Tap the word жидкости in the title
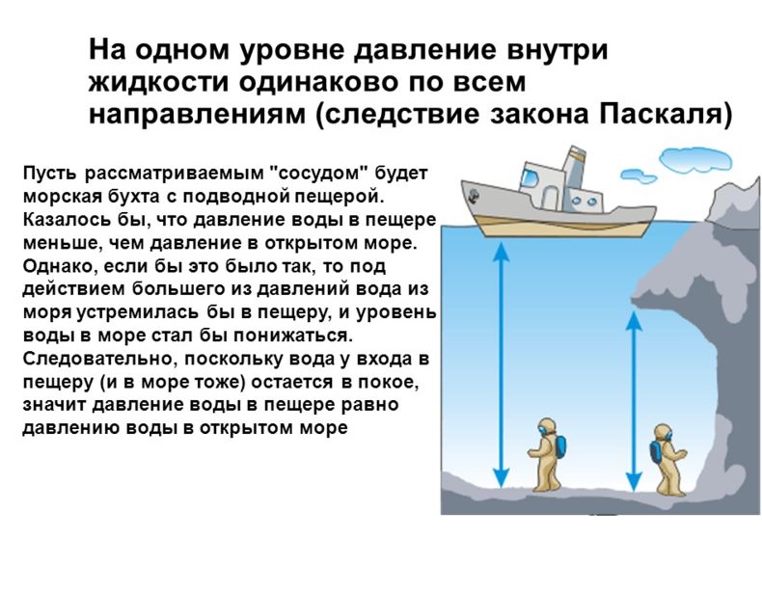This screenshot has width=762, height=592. coord(159,83)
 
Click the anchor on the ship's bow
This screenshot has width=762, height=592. coord(473,196)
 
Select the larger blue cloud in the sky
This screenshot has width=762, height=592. coord(695,159)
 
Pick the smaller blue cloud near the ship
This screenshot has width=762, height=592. coord(639,175)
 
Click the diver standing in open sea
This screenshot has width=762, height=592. coord(547,454)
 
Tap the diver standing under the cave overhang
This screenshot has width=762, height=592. coord(667,459)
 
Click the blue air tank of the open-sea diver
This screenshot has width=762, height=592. coord(559,446)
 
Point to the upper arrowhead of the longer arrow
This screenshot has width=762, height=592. coord(501,252)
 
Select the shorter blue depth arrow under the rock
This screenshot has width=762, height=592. coord(633,402)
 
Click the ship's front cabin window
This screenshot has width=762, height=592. coord(530,178)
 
